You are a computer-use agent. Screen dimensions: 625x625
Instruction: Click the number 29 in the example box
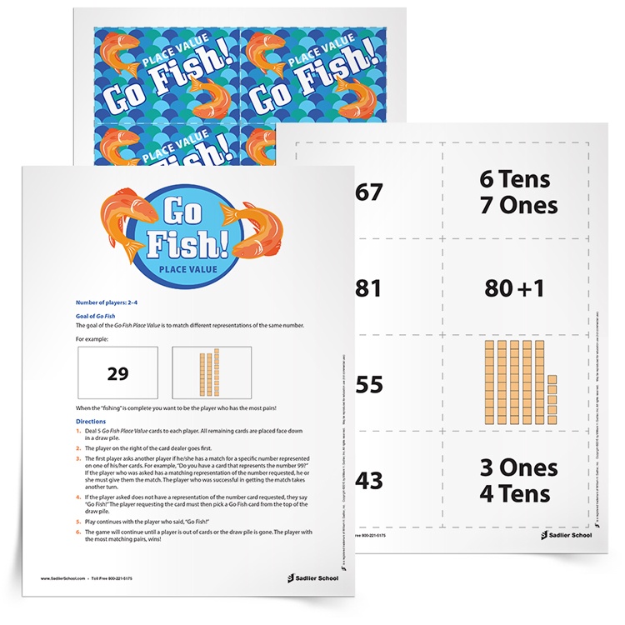(x=118, y=373)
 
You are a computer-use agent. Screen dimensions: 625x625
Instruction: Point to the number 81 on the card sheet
(x=367, y=288)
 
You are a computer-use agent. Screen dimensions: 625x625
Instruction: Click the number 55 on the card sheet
(x=367, y=384)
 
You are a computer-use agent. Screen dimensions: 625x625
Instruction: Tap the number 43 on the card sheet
(x=367, y=481)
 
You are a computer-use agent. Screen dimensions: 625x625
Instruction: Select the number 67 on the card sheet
(x=367, y=192)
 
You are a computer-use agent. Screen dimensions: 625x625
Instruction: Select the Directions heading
(x=84, y=422)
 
